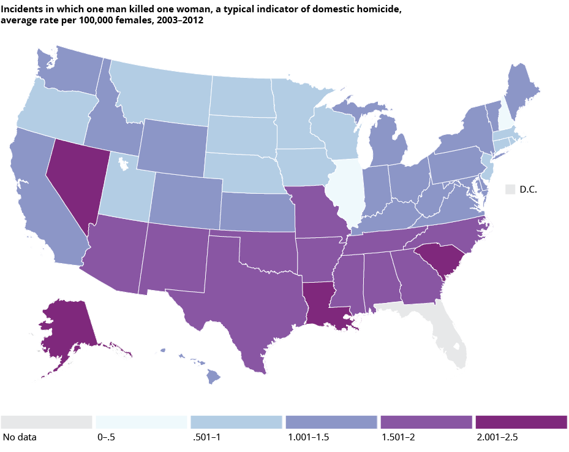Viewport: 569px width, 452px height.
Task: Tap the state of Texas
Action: pos(245,288)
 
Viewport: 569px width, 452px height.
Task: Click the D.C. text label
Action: pos(528,190)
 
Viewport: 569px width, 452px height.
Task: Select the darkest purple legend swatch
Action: pos(521,422)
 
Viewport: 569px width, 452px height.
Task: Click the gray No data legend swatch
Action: pos(47,422)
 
